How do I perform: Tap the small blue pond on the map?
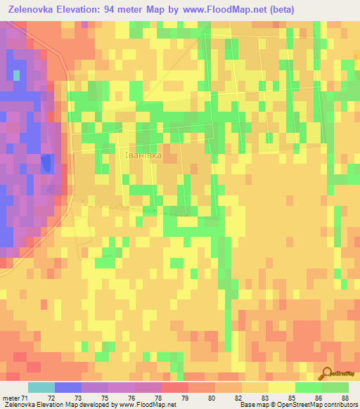(46, 163)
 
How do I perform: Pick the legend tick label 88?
(344, 398)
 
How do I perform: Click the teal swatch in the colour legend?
(41, 387)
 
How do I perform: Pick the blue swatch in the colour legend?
(68, 387)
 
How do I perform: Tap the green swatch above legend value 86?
(309, 387)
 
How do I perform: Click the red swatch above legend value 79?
(175, 387)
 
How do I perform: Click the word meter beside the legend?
(11, 398)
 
